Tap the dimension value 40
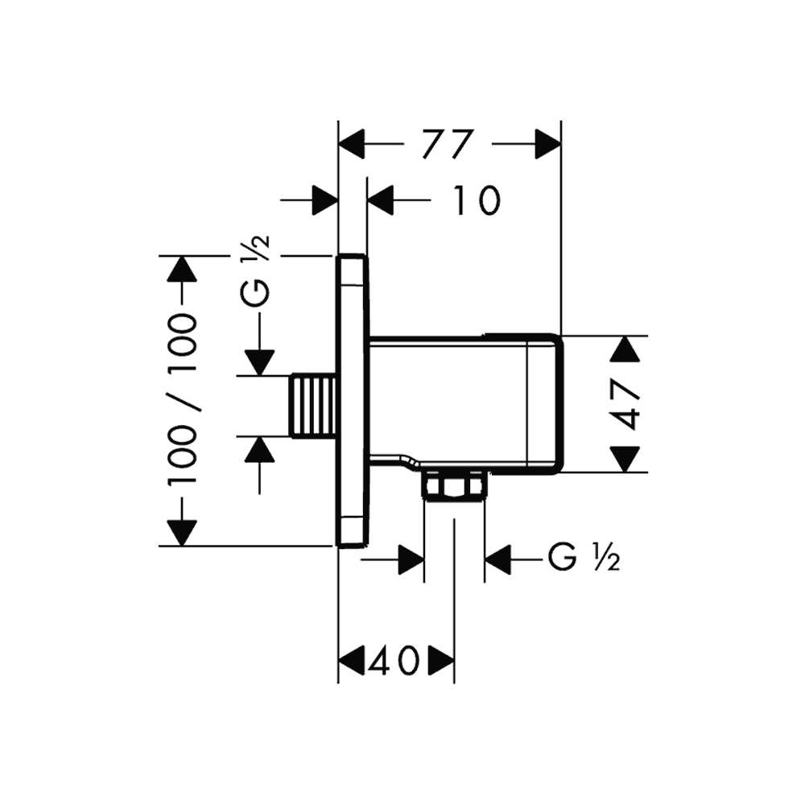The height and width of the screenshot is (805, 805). (394, 662)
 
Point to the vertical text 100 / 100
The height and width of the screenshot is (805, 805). (183, 400)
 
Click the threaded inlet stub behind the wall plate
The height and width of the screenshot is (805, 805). (313, 406)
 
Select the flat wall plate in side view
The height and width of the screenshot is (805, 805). (352, 400)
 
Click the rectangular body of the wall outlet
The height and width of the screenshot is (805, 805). (463, 402)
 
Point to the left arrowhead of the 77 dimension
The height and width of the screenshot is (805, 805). (351, 145)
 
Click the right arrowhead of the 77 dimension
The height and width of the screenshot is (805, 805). (548, 145)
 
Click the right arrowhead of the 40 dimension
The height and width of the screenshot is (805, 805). (442, 662)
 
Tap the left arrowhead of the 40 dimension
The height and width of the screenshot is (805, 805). (351, 662)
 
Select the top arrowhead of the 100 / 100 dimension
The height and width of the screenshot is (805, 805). (182, 269)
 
